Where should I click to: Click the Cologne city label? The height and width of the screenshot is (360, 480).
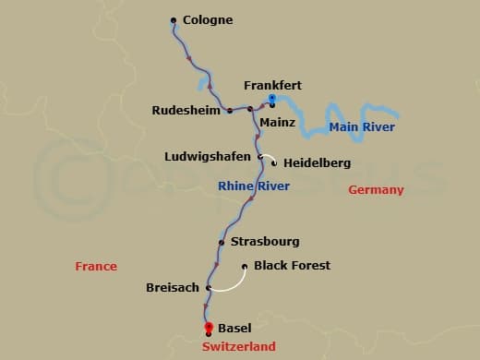208,19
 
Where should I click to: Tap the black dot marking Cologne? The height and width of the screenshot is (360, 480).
174,19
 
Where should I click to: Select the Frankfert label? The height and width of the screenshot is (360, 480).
272,85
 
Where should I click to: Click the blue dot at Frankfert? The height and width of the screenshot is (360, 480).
271,98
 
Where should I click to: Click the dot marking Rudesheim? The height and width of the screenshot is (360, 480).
228,111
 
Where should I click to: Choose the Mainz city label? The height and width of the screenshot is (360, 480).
277,121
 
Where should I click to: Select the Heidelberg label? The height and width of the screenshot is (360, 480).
317,163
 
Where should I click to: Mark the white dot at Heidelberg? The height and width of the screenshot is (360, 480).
274,163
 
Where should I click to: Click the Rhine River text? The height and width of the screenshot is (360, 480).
255,186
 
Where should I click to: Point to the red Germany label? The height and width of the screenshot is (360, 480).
376,190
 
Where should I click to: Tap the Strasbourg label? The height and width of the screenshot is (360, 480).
265,242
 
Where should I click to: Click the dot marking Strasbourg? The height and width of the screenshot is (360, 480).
222,243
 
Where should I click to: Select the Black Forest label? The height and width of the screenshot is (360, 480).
292,266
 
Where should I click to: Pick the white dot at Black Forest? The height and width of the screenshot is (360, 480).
245,267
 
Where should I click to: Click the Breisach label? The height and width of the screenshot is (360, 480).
173,288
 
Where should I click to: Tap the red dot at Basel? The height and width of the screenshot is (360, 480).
209,326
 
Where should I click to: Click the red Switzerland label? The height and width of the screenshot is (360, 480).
239,346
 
